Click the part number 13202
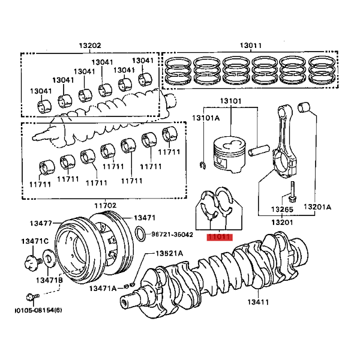(x=90, y=46)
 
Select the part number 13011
(x=251, y=46)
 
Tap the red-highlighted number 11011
(x=220, y=237)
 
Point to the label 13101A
(x=206, y=118)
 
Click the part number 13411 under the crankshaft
(x=258, y=302)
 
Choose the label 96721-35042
(x=172, y=235)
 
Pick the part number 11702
(x=106, y=205)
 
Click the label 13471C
(x=35, y=241)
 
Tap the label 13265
(x=282, y=209)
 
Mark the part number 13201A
(x=317, y=207)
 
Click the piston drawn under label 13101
(x=229, y=155)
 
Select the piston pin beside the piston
(x=259, y=151)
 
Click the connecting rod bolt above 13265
(x=293, y=192)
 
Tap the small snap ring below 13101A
(x=203, y=166)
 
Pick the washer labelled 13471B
(x=49, y=259)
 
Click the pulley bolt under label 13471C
(x=32, y=262)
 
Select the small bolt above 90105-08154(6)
(x=32, y=297)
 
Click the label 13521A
(x=169, y=253)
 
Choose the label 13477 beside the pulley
(x=41, y=223)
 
